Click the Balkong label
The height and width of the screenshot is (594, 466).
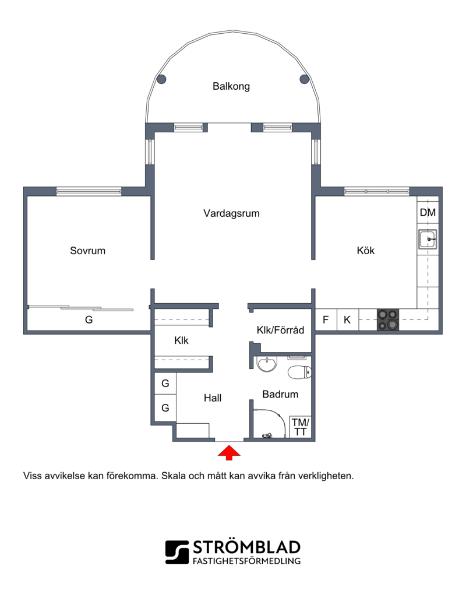point(231,86)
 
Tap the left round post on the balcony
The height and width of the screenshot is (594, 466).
point(161,79)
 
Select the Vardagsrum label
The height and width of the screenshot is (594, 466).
point(231,213)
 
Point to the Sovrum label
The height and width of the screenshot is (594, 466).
point(87,251)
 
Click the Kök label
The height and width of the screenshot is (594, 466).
point(366,251)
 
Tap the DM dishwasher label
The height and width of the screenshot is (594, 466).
point(428,213)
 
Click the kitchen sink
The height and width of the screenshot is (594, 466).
point(428,240)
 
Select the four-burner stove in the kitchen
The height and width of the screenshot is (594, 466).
point(388,319)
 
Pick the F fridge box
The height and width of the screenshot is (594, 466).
point(326,319)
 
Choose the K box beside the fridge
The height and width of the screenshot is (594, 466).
point(348,319)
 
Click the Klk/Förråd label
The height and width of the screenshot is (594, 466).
point(280,330)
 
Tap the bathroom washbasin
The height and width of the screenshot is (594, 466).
point(267,364)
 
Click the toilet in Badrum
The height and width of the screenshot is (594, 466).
point(299,372)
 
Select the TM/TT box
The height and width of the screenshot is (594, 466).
point(301,427)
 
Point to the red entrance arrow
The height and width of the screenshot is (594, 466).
point(229,453)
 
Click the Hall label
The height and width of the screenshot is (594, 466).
point(213,398)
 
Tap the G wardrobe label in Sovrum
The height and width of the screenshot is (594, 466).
point(89,319)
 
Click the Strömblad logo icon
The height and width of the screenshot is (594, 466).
point(176,553)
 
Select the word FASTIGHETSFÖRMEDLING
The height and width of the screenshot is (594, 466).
point(246,561)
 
